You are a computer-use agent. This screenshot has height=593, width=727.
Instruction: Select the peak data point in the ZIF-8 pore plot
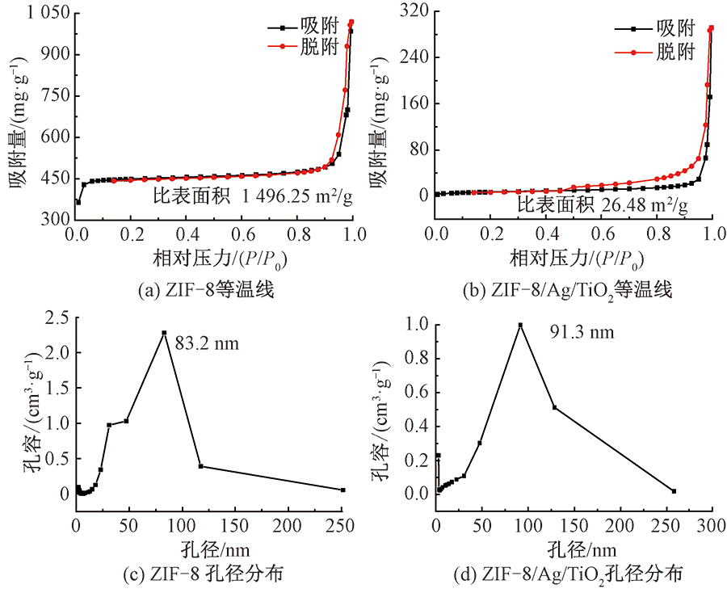[164, 333]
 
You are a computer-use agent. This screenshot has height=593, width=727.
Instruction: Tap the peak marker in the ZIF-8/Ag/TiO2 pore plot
[520, 325]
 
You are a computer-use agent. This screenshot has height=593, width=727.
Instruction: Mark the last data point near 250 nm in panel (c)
[342, 490]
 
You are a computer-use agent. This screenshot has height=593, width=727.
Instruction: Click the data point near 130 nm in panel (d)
[555, 407]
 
